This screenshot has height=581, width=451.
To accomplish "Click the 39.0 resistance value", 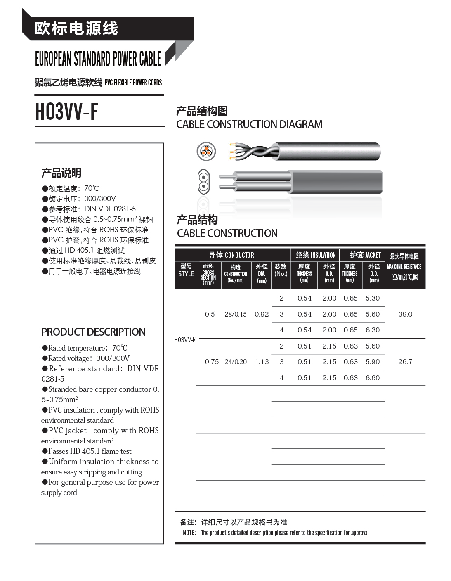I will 405,314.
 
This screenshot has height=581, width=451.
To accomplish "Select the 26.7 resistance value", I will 405,362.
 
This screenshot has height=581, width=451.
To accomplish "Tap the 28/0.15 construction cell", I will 236,314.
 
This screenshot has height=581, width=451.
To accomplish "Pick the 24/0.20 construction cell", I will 236,362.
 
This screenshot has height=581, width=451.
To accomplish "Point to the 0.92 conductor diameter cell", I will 262,314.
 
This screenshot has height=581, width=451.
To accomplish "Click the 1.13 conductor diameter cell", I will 262,362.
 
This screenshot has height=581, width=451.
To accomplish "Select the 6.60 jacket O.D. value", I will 373,378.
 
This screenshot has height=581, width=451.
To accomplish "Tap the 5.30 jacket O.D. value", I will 373,298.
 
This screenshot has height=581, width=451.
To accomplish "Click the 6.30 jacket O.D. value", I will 373,330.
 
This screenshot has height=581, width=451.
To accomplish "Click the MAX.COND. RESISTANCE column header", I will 404,267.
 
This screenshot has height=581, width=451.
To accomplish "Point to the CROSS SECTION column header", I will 208,275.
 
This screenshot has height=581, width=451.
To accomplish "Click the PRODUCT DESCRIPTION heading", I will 93,332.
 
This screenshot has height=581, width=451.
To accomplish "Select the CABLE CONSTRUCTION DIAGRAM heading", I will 249,124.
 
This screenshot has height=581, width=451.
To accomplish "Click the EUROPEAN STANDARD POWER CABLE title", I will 98,59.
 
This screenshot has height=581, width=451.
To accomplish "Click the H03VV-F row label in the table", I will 184,340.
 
